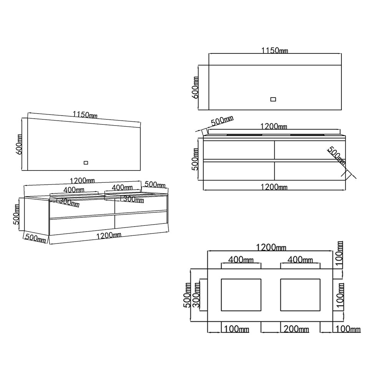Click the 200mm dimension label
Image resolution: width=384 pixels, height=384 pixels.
coord(296,329)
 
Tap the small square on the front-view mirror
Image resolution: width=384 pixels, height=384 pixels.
coord(273,99)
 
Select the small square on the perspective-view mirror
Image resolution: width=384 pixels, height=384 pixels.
coord(86,162)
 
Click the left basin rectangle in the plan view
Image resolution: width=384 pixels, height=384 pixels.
coord(241,295)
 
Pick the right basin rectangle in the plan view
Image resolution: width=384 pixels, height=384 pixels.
coord(300,295)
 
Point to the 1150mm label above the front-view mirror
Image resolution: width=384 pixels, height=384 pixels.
coord(275,50)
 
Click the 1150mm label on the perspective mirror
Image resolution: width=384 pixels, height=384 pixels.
coord(85,114)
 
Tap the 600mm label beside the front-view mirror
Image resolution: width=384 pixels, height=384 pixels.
coord(195,88)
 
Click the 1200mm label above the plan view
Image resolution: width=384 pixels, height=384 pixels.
coord(271,247)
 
